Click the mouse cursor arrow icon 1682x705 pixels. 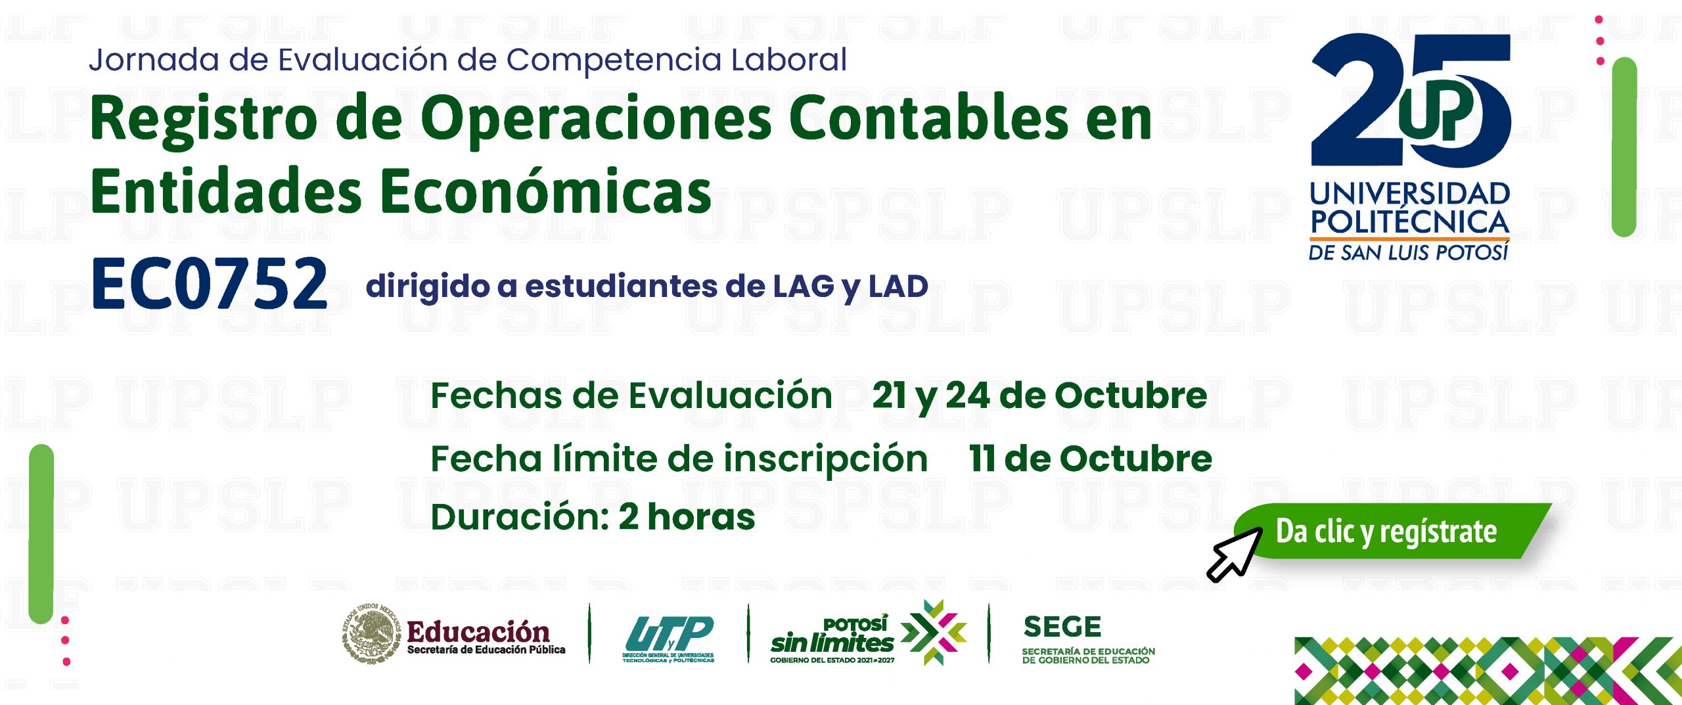click(x=1234, y=554)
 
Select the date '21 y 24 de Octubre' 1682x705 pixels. click(x=1039, y=396)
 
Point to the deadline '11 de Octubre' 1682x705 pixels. click(x=1091, y=458)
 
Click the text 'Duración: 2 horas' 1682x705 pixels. click(x=593, y=516)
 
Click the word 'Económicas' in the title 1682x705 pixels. click(x=546, y=191)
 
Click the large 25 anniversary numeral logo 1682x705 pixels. click(x=1411, y=100)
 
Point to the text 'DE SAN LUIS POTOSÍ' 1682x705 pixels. click(x=1409, y=252)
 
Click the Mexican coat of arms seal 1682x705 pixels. click(x=371, y=633)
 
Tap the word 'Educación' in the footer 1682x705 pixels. click(x=478, y=631)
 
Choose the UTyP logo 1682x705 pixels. click(x=668, y=639)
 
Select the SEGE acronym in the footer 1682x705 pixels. click(x=1062, y=627)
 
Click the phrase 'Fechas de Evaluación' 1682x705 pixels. click(x=631, y=396)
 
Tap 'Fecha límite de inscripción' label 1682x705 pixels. click(x=679, y=459)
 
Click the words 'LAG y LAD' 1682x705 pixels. click(x=851, y=286)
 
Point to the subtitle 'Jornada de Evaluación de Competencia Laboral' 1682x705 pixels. click(x=468, y=60)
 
